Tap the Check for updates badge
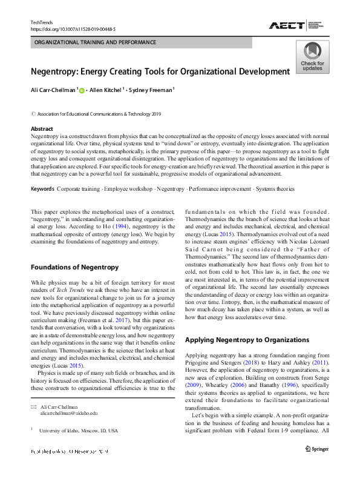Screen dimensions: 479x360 point(312,57)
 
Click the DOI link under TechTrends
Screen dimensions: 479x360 point(73,28)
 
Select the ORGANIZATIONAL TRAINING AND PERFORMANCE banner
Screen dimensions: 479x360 point(96,42)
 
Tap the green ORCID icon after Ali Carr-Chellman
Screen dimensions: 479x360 point(82,90)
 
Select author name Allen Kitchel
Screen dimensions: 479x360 point(105,90)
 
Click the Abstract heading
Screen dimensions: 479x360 point(42,129)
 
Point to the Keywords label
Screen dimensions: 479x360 point(42,190)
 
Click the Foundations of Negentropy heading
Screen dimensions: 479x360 point(74,267)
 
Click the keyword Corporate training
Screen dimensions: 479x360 point(79,190)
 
